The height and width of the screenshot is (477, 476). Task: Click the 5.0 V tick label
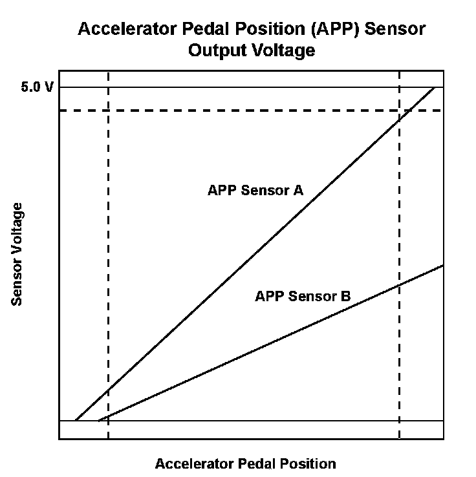coord(38,88)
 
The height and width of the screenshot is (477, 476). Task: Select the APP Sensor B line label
coord(303,297)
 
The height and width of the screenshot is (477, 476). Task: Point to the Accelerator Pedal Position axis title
coord(245,463)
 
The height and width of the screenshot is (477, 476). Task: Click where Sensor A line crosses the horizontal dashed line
coord(411,111)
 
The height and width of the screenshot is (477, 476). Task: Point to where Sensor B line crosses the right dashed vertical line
coord(399,284)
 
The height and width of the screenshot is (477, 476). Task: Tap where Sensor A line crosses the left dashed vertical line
coord(108,390)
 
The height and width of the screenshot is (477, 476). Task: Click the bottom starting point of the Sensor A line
coord(76,421)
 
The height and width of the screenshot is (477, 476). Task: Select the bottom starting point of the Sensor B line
coord(98,421)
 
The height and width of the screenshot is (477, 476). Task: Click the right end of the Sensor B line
coord(443,265)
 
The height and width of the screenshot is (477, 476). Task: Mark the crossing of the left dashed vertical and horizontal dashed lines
coord(108,111)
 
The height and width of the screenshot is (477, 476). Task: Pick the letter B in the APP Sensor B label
coord(345,297)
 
